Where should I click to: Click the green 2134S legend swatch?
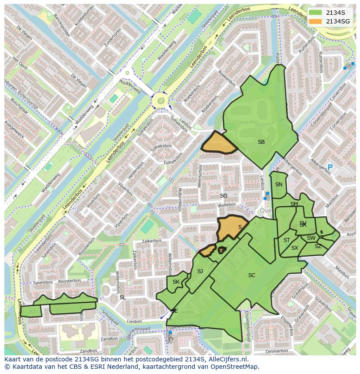(x=316, y=13)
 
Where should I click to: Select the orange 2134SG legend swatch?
(x=316, y=21)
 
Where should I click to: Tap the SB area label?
(x=261, y=142)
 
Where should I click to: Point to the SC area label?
(x=252, y=275)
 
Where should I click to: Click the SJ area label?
(x=200, y=271)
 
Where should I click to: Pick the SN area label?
(x=279, y=184)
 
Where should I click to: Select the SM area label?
(x=294, y=204)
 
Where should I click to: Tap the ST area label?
(x=287, y=240)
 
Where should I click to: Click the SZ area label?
(x=318, y=246)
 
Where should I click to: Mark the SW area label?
(x=311, y=238)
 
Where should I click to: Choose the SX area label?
(x=295, y=248)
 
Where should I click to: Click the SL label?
(x=123, y=297)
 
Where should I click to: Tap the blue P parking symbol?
(x=330, y=167)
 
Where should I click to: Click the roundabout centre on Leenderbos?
(x=161, y=101)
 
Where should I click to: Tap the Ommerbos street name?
(x=277, y=351)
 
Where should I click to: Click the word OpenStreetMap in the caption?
(x=234, y=367)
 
